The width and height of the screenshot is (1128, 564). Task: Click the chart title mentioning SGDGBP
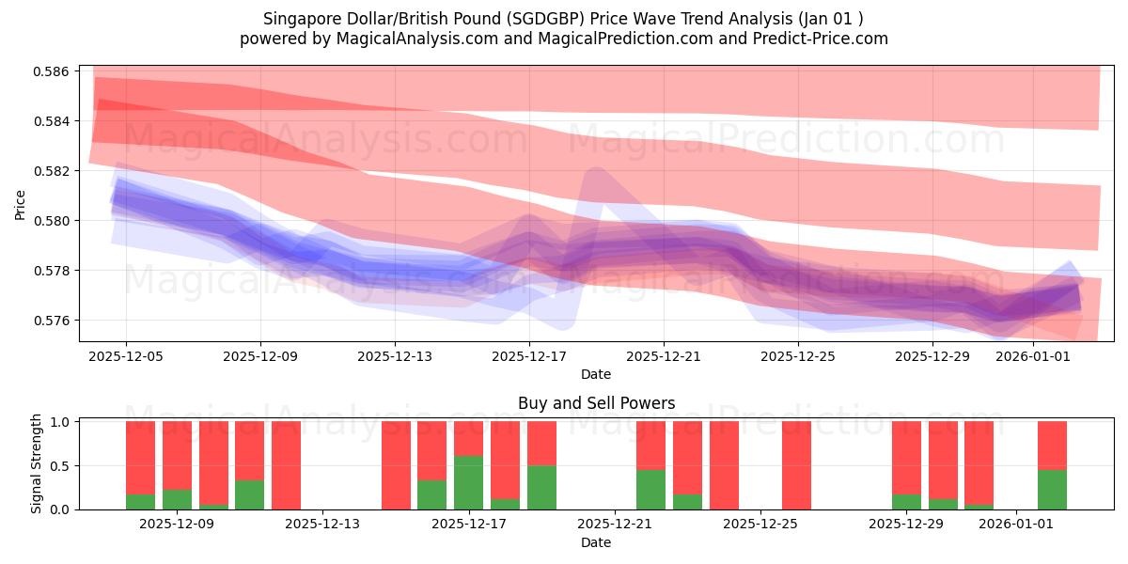pyautogui.click(x=563, y=18)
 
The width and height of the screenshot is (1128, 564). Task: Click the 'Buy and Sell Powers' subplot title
pyautogui.click(x=596, y=403)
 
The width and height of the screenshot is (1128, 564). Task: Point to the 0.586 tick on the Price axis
pyautogui.click(x=52, y=71)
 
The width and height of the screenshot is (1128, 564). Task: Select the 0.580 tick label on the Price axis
pyautogui.click(x=52, y=221)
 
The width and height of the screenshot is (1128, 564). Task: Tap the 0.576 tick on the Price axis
pyautogui.click(x=52, y=321)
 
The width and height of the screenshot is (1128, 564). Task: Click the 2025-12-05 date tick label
pyautogui.click(x=126, y=356)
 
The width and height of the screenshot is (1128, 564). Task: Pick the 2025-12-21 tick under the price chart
pyautogui.click(x=664, y=356)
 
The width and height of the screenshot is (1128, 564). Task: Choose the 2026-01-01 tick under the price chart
pyautogui.click(x=1033, y=356)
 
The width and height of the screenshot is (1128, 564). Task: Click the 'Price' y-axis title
pyautogui.click(x=21, y=203)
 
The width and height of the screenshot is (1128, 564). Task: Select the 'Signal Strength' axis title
pyautogui.click(x=36, y=464)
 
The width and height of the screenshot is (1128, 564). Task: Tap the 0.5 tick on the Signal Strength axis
pyautogui.click(x=60, y=466)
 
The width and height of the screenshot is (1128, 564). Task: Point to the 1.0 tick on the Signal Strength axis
pyautogui.click(x=60, y=422)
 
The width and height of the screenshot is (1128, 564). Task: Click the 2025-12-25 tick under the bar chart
pyautogui.click(x=760, y=525)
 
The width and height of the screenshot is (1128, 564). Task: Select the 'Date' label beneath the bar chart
pyautogui.click(x=596, y=542)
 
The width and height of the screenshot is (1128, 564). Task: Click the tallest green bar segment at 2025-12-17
pyautogui.click(x=469, y=483)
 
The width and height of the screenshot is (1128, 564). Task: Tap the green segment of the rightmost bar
pyautogui.click(x=1052, y=490)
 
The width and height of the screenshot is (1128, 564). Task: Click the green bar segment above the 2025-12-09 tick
pyautogui.click(x=177, y=500)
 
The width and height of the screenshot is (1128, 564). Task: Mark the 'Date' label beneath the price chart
pyautogui.click(x=596, y=374)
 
